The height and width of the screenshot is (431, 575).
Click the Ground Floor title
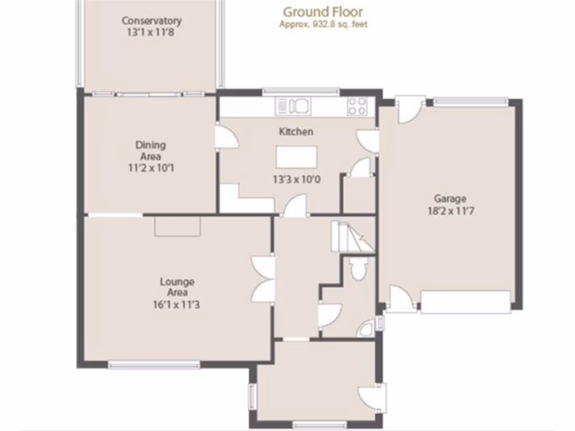click(x=322, y=11)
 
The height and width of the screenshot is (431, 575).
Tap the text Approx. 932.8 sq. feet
click(x=323, y=24)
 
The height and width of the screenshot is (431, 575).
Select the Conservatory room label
click(x=152, y=21)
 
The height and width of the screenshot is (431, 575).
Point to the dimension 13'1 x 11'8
click(x=152, y=32)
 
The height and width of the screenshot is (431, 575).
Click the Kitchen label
click(x=296, y=131)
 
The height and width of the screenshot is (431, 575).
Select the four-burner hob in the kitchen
click(x=357, y=106)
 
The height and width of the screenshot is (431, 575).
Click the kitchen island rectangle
click(x=296, y=154)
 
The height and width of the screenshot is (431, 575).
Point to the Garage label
click(x=450, y=198)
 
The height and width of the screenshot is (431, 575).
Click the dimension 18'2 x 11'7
click(x=450, y=211)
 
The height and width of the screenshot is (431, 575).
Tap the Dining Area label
click(x=150, y=150)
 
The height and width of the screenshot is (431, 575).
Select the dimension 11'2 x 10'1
click(x=150, y=168)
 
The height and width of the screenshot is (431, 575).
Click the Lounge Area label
click(x=177, y=287)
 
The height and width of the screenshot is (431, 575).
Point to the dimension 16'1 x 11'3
click(x=177, y=305)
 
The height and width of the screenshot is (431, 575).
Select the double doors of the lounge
click(x=263, y=279)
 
